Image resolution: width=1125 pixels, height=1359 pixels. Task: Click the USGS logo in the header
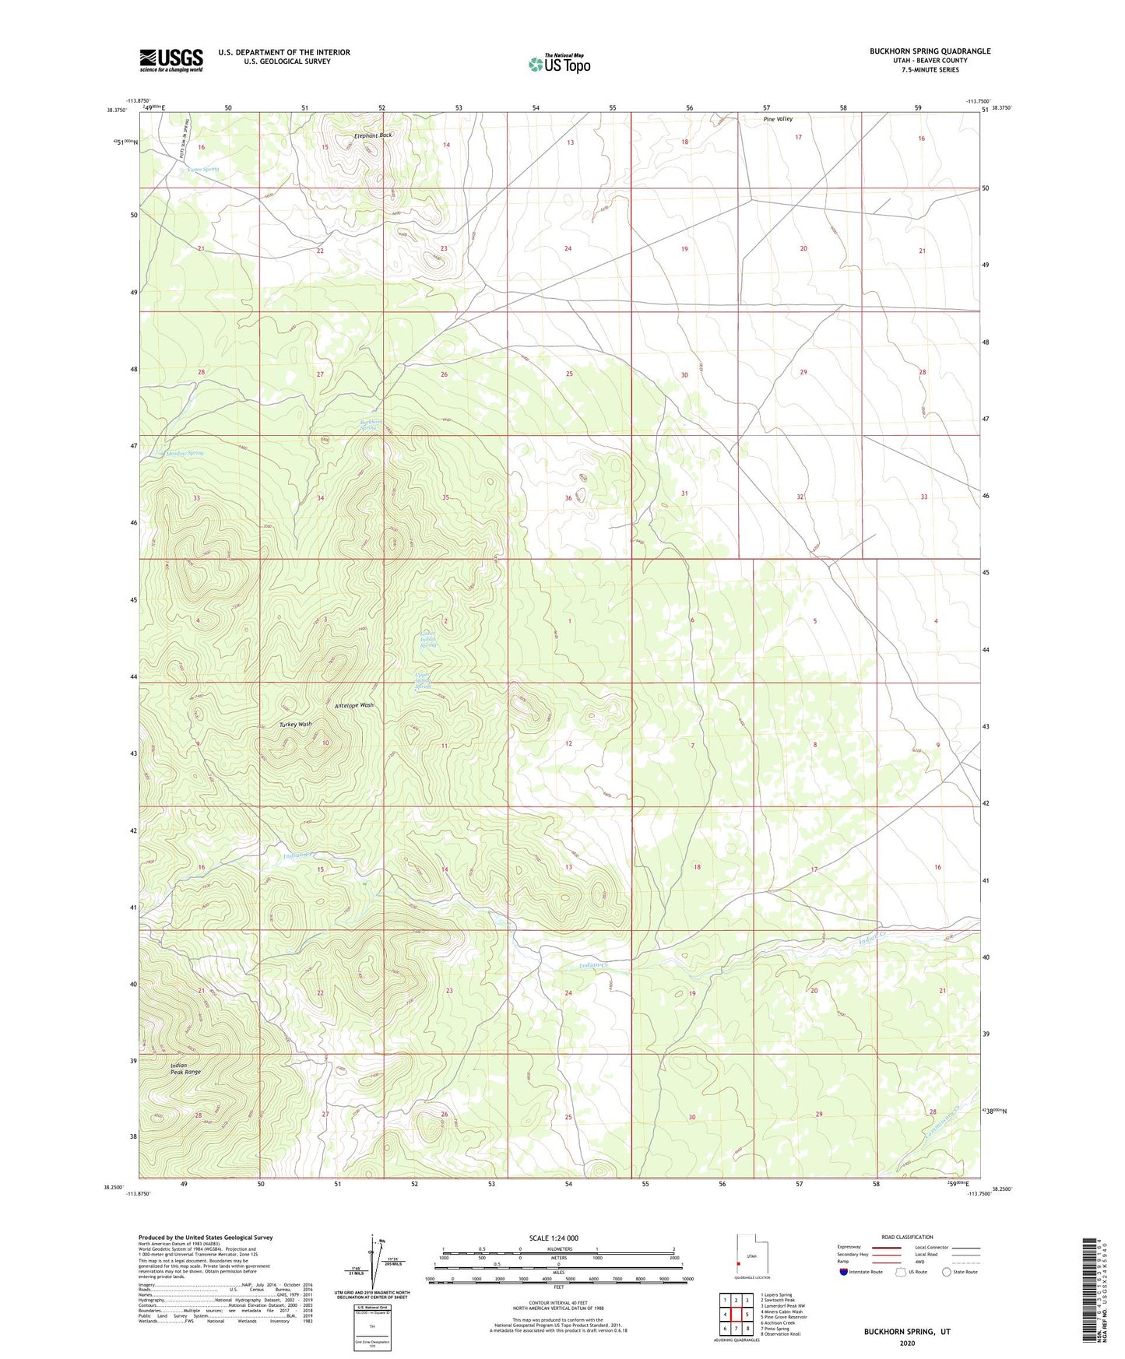(171, 60)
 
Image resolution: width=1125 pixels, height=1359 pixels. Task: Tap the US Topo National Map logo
(559, 63)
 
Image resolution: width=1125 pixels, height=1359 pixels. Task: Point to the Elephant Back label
(374, 135)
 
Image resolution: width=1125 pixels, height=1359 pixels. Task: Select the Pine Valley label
(778, 119)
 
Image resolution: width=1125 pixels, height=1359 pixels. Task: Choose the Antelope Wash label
(353, 705)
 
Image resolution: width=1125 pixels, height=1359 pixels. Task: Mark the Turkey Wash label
(295, 724)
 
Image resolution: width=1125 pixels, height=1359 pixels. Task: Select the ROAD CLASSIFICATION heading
(907, 1237)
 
